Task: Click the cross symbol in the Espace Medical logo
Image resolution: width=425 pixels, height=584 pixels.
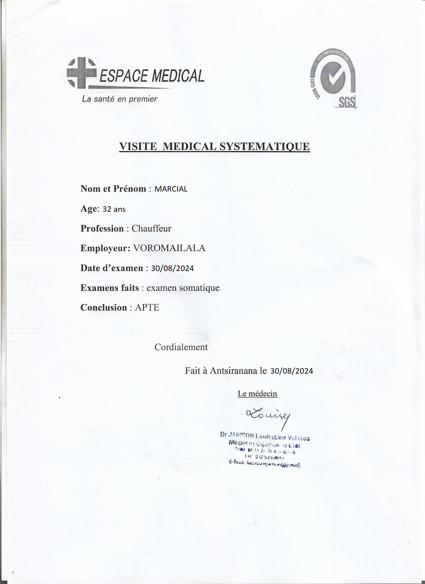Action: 81,73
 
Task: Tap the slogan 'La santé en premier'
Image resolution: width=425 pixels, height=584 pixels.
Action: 119,99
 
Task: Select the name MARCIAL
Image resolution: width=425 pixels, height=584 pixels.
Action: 171,189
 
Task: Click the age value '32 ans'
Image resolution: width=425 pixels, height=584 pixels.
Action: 114,209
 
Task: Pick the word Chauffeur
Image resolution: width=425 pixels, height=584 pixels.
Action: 151,228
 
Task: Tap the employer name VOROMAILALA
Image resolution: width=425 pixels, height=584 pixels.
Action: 169,248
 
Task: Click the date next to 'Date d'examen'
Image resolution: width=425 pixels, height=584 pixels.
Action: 172,268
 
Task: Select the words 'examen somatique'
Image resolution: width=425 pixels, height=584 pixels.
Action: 183,288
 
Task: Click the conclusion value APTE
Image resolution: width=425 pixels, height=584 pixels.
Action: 147,307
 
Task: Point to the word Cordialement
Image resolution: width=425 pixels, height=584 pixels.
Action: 181,347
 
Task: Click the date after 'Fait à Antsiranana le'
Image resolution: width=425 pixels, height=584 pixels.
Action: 291,371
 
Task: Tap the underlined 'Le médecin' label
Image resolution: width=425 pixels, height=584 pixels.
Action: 257,393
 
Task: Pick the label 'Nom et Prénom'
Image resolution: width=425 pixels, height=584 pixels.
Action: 113,189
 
